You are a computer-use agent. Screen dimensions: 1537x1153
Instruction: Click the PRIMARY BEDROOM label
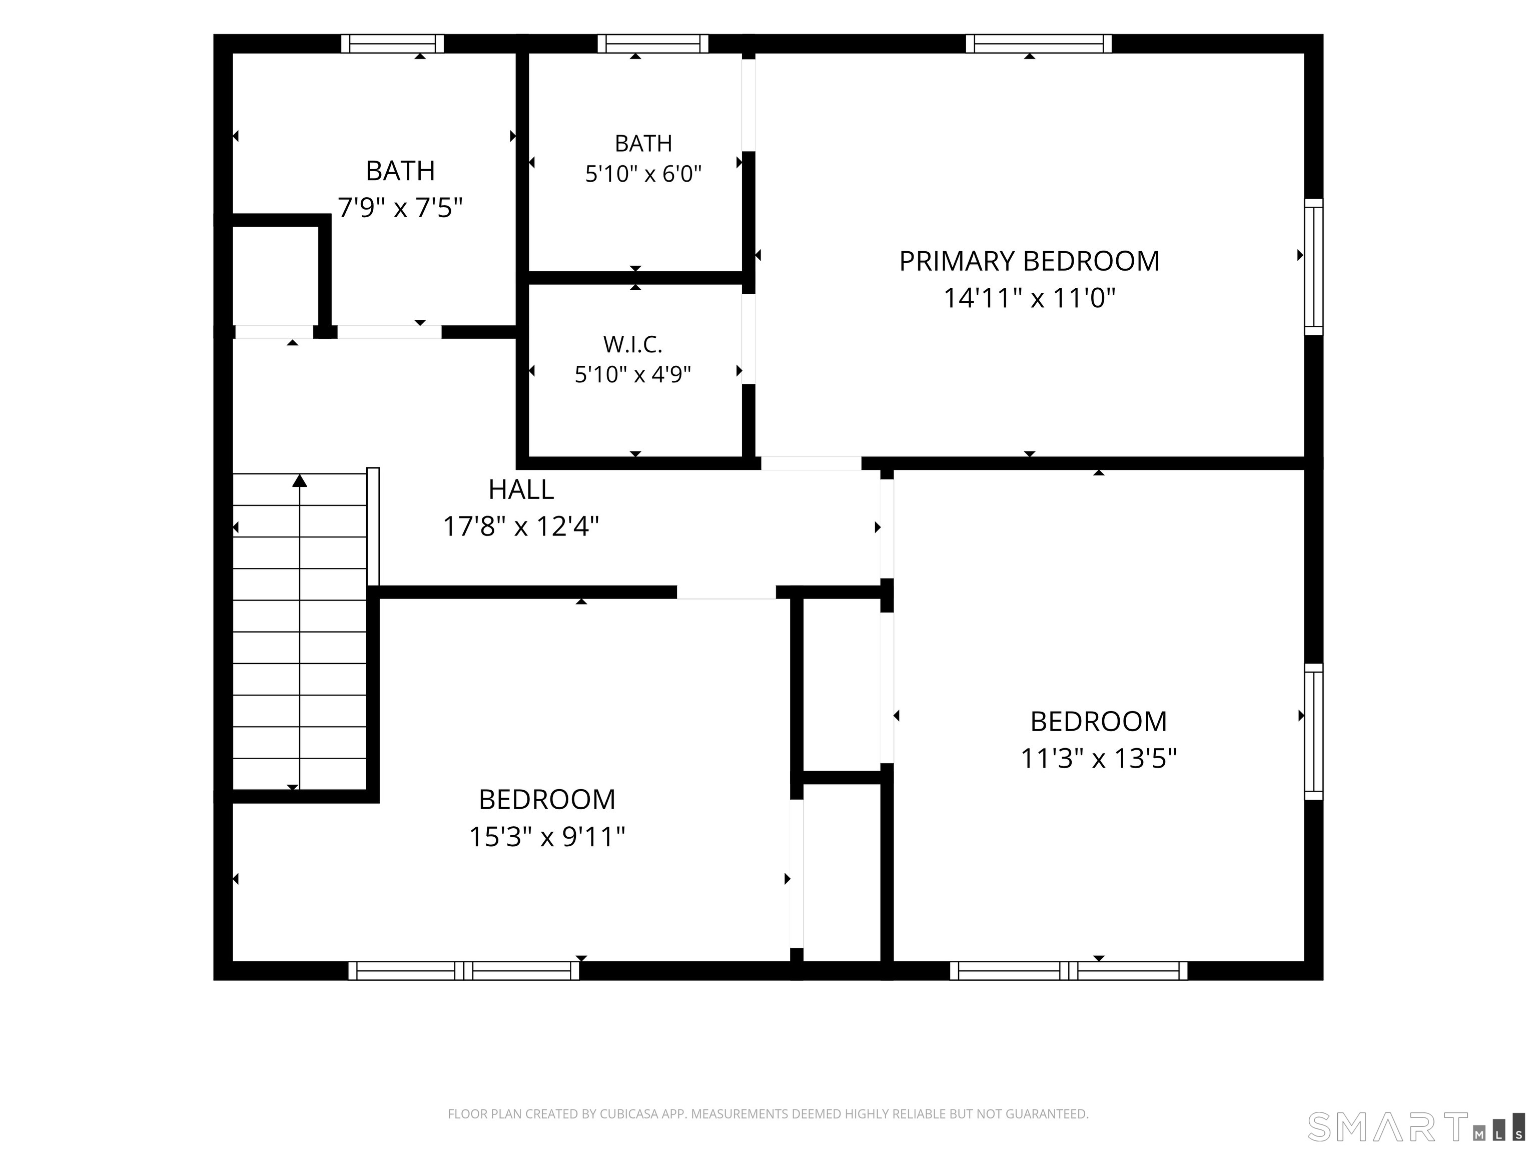click(1029, 261)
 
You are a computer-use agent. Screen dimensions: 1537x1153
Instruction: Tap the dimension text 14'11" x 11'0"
click(1029, 298)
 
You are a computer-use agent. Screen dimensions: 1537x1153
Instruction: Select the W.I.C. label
click(633, 344)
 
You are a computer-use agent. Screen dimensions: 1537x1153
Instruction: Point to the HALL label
click(521, 490)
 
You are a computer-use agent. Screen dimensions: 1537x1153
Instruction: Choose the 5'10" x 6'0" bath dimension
click(643, 174)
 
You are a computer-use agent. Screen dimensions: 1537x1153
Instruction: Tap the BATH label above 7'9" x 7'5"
click(400, 171)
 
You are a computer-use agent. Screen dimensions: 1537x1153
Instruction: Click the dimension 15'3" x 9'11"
click(547, 837)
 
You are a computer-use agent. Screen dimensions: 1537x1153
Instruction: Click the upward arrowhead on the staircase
click(300, 480)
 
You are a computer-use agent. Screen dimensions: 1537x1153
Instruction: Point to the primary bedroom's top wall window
click(1039, 44)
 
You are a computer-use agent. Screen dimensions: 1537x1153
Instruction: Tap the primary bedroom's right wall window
click(1313, 267)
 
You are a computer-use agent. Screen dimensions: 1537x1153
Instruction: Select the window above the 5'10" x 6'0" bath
click(653, 44)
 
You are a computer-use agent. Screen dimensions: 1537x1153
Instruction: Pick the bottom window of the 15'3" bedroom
click(463, 971)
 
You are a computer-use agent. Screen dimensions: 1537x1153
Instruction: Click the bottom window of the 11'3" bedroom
click(1069, 971)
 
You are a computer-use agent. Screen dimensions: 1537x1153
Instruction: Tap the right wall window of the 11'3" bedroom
click(1313, 732)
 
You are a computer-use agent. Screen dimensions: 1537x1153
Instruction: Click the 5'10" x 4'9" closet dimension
click(633, 375)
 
